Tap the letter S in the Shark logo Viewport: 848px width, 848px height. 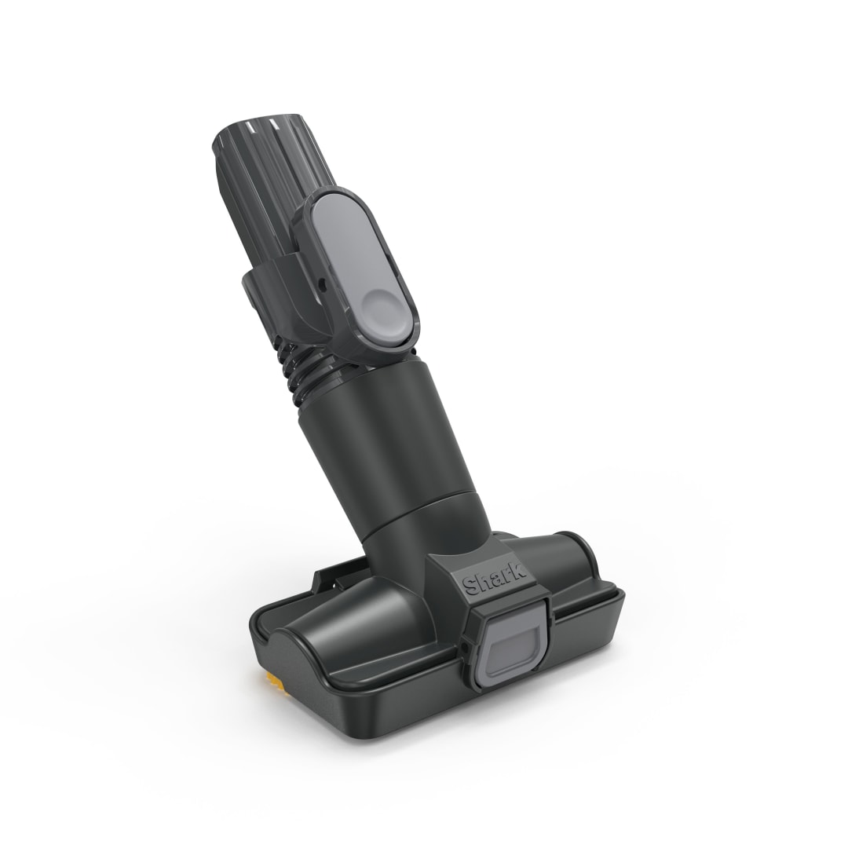[x=470, y=587]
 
